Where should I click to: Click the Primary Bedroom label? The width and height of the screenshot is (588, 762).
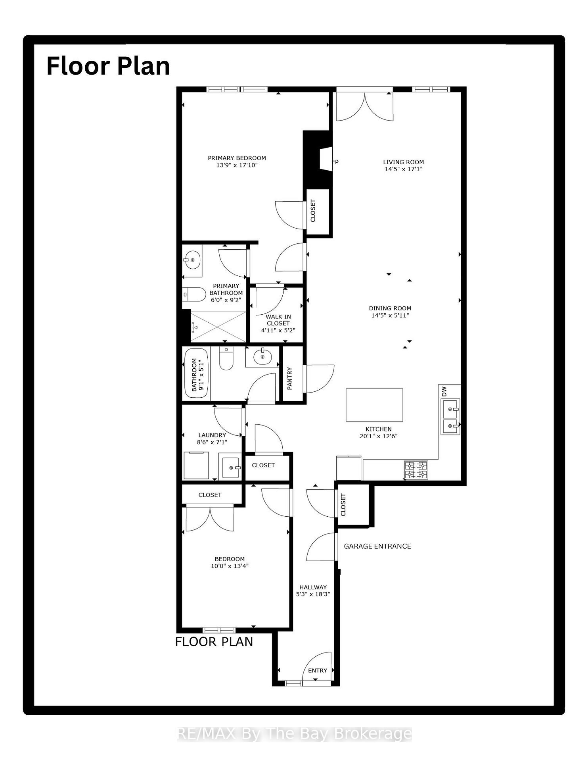[237, 158]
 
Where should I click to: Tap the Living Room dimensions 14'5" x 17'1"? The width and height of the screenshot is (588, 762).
[403, 169]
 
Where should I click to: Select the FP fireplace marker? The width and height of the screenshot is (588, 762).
[335, 162]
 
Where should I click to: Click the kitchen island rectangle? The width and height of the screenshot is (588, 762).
[374, 405]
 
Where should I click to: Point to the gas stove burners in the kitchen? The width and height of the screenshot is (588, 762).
[416, 470]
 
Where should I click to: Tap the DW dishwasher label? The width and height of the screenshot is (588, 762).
[444, 391]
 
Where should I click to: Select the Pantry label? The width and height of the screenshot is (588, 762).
[290, 378]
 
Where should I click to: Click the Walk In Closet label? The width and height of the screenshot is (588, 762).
[278, 320]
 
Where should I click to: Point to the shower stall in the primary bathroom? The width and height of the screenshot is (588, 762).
[218, 326]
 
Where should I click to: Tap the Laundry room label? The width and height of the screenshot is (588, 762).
[212, 435]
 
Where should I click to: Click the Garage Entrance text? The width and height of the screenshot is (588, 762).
[377, 546]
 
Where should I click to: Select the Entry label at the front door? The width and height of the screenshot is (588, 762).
[318, 670]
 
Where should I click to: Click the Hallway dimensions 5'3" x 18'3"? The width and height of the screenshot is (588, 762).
[313, 594]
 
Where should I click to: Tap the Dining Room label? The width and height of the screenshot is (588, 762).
[390, 308]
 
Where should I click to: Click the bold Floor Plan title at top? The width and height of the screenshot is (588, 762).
[108, 66]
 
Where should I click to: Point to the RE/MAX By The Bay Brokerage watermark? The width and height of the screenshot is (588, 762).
[294, 734]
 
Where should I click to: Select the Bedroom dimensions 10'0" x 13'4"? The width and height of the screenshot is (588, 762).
[230, 566]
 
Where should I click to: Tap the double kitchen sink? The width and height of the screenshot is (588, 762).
[450, 417]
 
